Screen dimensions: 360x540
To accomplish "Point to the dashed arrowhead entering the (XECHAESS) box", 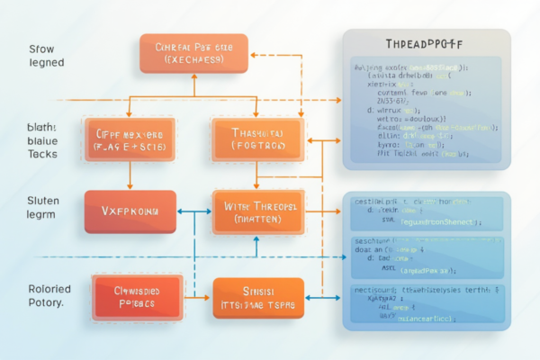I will [x=255, y=54].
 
